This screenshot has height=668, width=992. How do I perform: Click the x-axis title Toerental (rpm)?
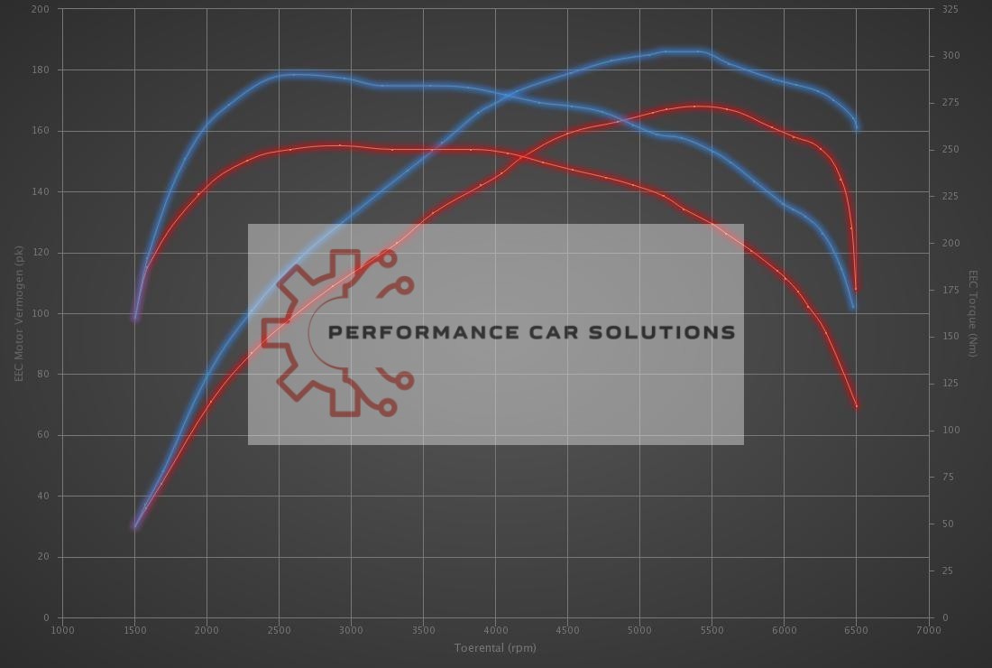coord(495,647)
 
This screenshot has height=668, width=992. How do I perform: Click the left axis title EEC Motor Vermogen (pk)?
coord(19,313)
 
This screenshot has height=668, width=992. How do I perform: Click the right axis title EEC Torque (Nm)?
coord(973,313)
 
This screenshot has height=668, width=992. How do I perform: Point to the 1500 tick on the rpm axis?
coord(134,629)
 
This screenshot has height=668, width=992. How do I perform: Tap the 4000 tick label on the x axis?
coord(495,629)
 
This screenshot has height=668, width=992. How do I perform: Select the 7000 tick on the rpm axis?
coord(928,629)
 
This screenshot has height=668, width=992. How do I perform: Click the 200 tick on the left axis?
coord(41,9)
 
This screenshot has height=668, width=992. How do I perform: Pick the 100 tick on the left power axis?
coord(41,313)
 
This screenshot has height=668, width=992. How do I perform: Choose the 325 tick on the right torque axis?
coord(949,9)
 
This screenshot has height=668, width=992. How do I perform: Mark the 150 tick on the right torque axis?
coord(949,337)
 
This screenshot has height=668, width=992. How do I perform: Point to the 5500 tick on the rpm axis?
coord(712,629)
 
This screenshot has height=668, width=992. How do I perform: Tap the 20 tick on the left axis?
coord(44,557)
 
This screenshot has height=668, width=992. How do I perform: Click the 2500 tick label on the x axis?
coord(279,629)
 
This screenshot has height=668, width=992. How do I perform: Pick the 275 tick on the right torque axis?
coord(949,103)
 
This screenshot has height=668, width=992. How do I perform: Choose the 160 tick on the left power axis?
coord(41,131)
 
